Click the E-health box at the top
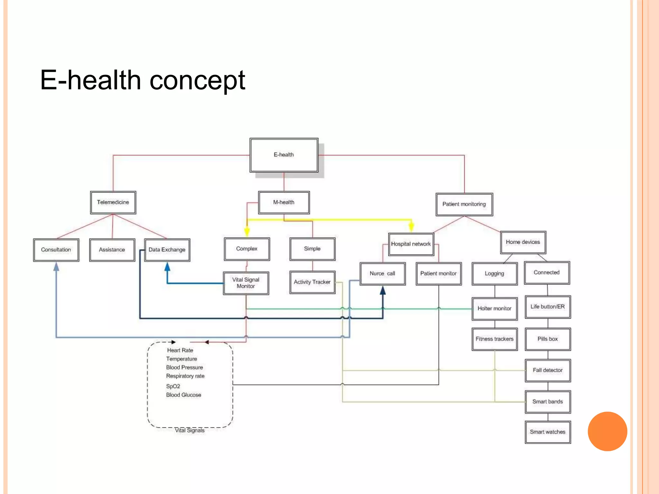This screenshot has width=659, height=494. tap(284, 155)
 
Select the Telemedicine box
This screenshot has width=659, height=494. tap(113, 202)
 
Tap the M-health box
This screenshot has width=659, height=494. tap(284, 202)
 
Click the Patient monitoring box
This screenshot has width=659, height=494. tap(464, 204)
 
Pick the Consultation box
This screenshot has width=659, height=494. tap(56, 250)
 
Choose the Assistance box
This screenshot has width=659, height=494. tap(112, 250)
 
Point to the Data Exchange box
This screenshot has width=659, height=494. tap(167, 250)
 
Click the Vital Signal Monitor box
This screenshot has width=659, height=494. tap(246, 283)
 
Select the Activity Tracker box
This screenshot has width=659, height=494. tap(312, 282)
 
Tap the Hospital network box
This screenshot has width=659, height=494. tap(411, 244)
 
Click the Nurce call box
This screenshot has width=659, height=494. tap(382, 274)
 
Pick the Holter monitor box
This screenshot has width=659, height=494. tap(495, 309)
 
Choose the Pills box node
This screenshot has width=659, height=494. tap(548, 339)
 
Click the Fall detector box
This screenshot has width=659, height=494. tap(548, 370)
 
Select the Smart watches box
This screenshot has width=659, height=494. tap(548, 432)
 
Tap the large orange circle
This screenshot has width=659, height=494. tap(607, 431)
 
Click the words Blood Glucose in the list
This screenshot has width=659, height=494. tap(184, 395)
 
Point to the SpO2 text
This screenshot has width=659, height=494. tap(173, 386)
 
